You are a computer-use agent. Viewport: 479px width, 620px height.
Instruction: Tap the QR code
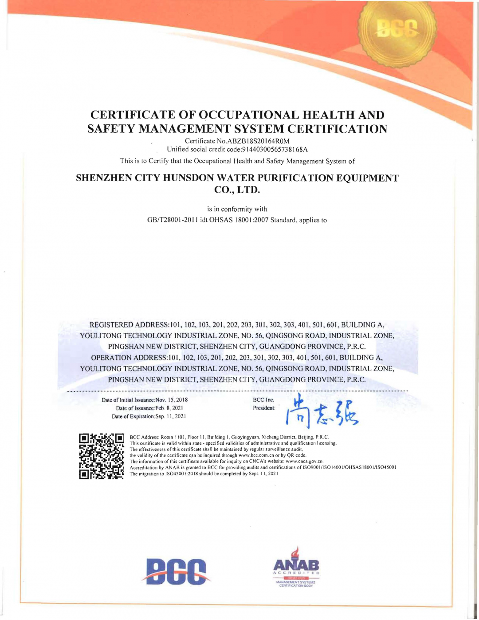coord(101,456)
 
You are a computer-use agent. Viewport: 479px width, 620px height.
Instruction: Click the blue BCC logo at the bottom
coord(177,571)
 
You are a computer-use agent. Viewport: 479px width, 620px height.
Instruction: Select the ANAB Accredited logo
coord(296,568)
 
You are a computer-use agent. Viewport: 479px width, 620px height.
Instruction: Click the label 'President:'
coord(264,408)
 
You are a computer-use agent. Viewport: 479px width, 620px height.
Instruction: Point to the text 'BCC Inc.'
coord(263,400)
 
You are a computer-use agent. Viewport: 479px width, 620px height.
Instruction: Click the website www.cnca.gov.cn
coord(304,462)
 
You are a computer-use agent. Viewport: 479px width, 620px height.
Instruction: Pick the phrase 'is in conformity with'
coord(237,209)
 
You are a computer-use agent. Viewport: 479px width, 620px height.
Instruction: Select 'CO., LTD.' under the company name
coord(237,190)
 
